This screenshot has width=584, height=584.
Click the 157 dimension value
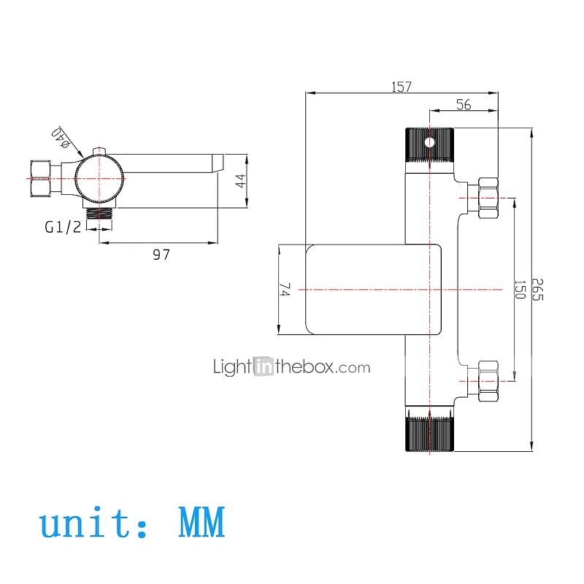(401, 87)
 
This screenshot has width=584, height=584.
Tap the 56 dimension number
(464, 104)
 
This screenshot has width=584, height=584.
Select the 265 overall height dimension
(537, 289)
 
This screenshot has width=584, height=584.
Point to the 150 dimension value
(520, 289)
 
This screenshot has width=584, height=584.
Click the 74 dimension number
(285, 290)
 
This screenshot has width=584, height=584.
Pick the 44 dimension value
(241, 180)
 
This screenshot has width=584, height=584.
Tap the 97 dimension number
(161, 255)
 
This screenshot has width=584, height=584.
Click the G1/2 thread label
(63, 227)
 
